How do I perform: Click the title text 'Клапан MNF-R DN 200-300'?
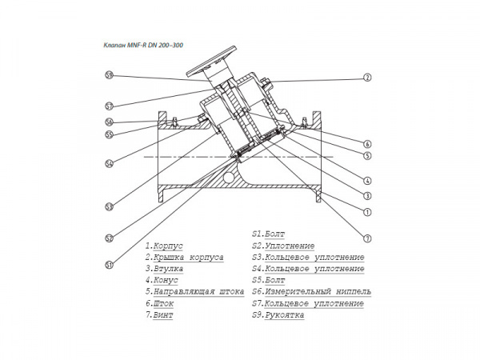[x=144, y=45]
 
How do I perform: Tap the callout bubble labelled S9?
[x=108, y=76]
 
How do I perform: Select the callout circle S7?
[x=108, y=106]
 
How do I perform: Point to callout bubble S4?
[x=108, y=165]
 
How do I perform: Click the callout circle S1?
[x=108, y=264]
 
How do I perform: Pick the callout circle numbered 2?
[x=366, y=78]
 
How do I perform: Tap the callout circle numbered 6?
[x=366, y=144]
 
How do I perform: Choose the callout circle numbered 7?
[x=366, y=238]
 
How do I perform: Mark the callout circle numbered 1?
[x=366, y=212]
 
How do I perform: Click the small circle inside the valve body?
[x=230, y=177]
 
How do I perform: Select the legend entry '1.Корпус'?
[x=165, y=246]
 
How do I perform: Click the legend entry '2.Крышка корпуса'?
[x=184, y=258]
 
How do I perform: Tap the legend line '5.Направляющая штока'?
[x=194, y=293]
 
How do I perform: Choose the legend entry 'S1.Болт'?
[x=268, y=234]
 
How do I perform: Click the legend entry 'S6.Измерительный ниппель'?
[x=307, y=293]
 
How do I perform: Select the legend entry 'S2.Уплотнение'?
[x=282, y=246]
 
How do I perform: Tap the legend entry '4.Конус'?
[x=162, y=282]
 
